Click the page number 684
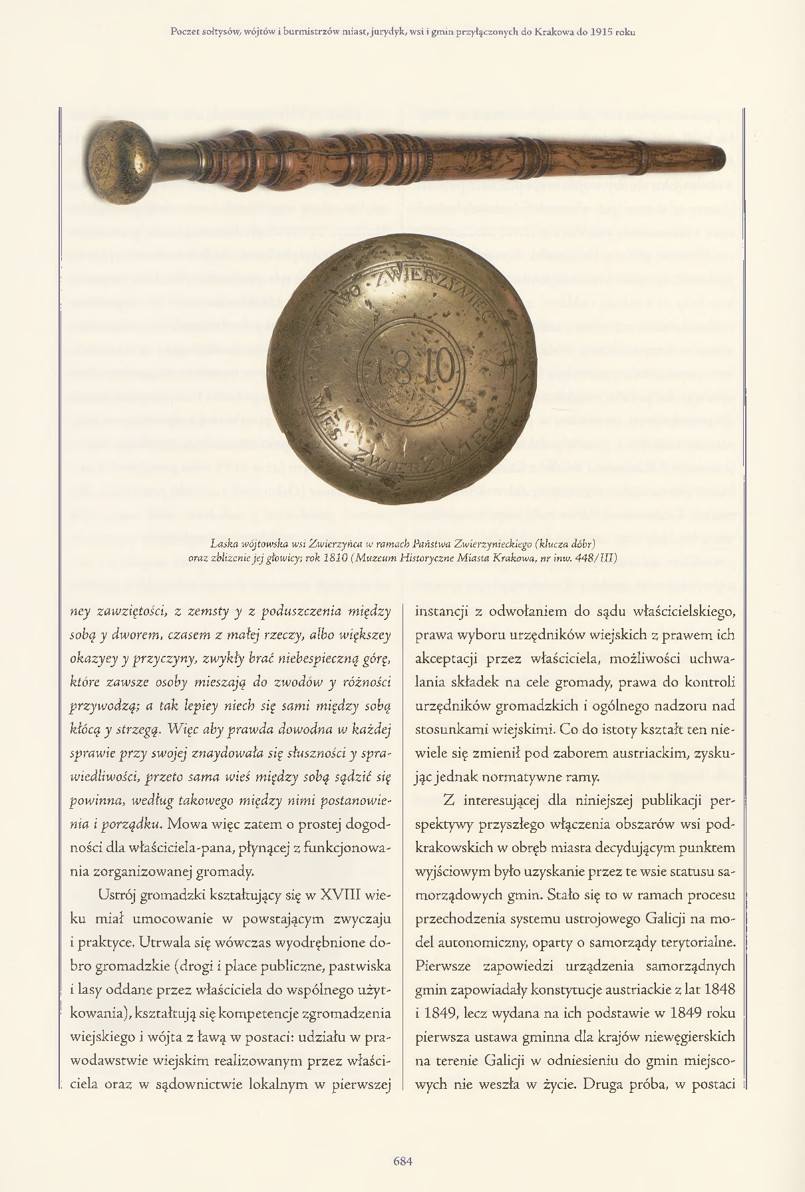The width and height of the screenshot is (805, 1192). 402,1161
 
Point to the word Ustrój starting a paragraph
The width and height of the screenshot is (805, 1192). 118,895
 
